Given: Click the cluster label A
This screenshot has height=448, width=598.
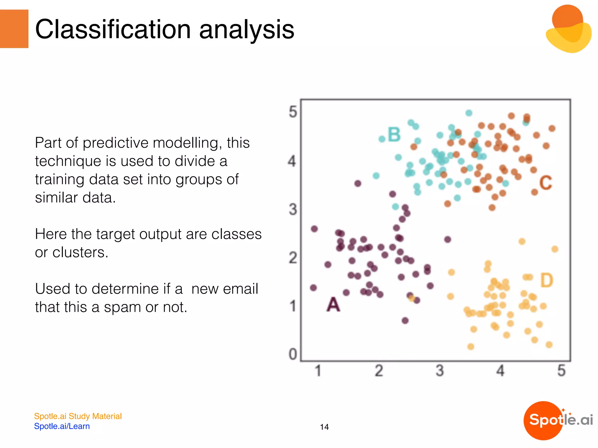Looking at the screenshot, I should pyautogui.click(x=333, y=305).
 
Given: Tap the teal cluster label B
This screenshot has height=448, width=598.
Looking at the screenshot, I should pyautogui.click(x=394, y=135).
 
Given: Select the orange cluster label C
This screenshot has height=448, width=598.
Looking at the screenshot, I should pyautogui.click(x=545, y=183).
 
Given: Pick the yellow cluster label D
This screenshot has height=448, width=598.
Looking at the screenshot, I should pyautogui.click(x=547, y=280).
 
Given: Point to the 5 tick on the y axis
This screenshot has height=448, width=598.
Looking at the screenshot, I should pyautogui.click(x=293, y=112).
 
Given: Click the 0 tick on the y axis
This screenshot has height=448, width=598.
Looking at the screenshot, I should pyautogui.click(x=293, y=354).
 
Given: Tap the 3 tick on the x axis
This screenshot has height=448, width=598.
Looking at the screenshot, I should pyautogui.click(x=440, y=371).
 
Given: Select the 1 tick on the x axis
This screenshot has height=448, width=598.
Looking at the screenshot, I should pyautogui.click(x=318, y=371).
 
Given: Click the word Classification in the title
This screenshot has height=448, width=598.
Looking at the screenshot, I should pyautogui.click(x=113, y=29).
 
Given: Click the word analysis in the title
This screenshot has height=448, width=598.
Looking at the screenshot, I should pyautogui.click(x=246, y=30).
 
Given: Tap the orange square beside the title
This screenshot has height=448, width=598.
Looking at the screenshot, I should pyautogui.click(x=14, y=29).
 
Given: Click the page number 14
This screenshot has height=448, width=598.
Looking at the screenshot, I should pyautogui.click(x=324, y=427).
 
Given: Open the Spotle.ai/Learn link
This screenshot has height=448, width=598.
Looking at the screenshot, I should pyautogui.click(x=62, y=426).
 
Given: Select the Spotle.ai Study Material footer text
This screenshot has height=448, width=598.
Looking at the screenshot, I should pyautogui.click(x=78, y=416).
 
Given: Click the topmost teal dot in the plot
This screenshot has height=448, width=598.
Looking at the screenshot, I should pyautogui.click(x=469, y=113).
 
